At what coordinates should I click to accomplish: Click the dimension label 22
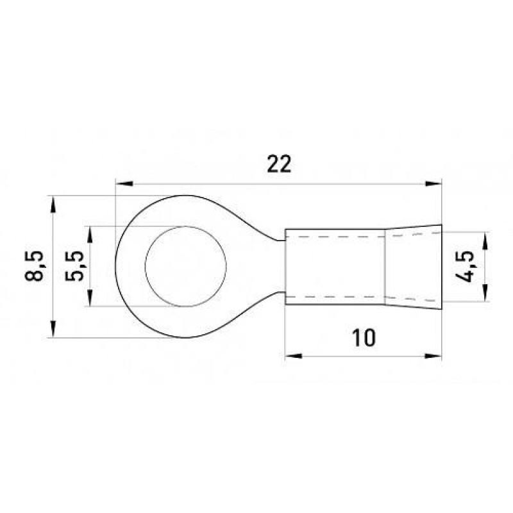point(279,164)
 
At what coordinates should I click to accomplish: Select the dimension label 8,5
point(34,266)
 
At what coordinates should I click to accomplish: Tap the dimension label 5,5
point(74,266)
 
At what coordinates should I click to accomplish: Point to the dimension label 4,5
point(464,267)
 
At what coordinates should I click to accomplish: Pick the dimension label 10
point(364,338)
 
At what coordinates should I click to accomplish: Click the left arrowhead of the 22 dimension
point(124,183)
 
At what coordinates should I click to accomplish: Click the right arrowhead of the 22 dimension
point(433,183)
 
